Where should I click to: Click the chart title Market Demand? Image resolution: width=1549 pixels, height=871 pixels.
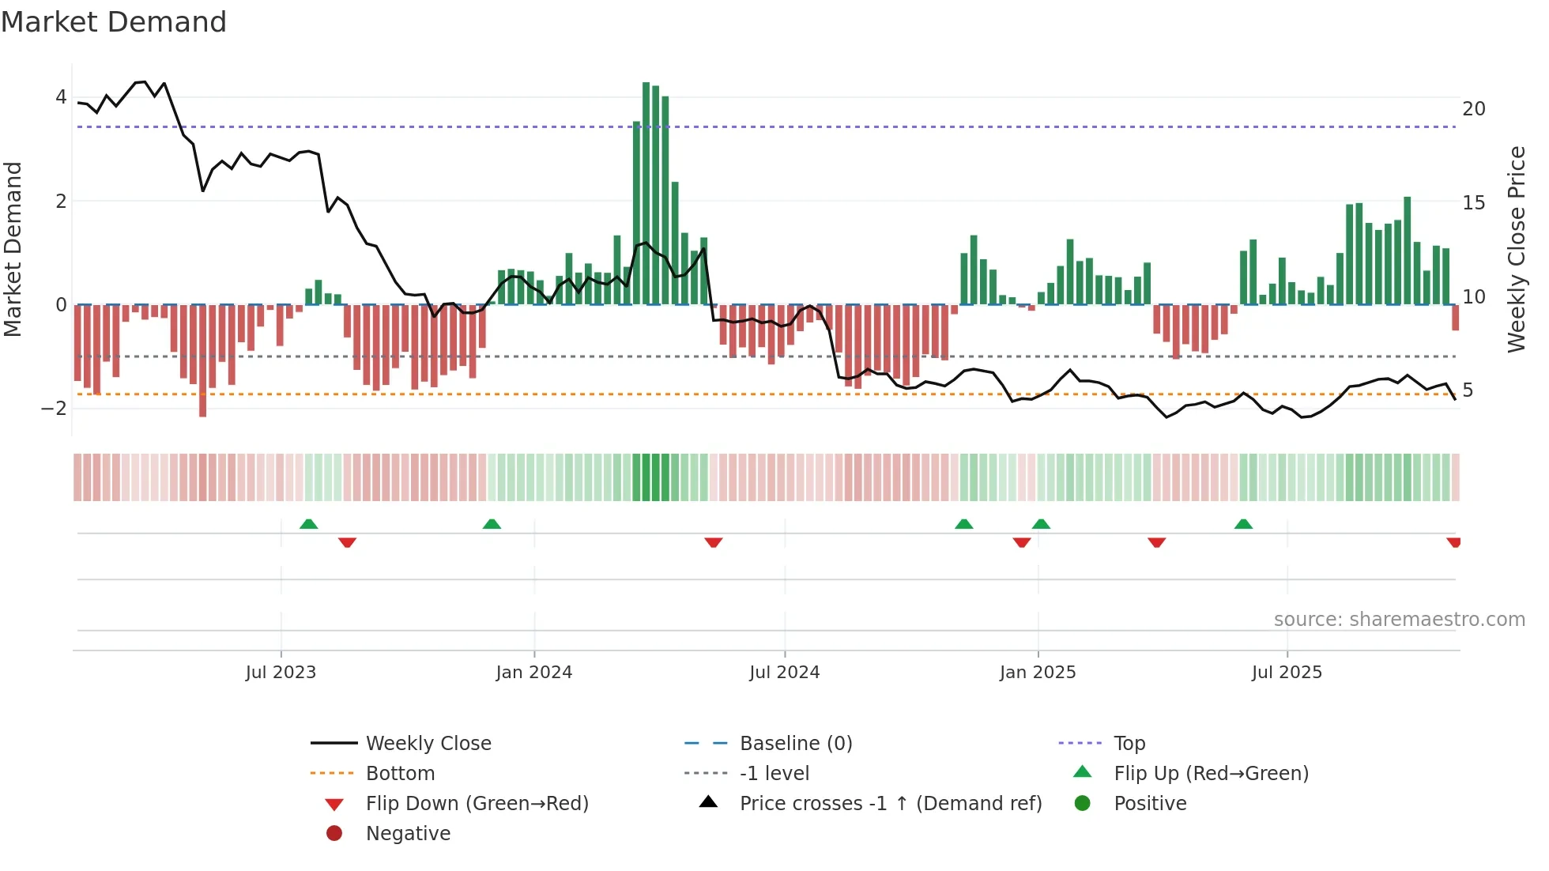pos(114,22)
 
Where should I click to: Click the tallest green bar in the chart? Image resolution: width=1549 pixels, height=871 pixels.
pos(646,194)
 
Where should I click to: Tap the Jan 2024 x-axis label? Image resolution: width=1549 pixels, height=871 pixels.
pos(533,673)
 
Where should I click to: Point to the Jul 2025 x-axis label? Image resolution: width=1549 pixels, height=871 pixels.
pos(1286,673)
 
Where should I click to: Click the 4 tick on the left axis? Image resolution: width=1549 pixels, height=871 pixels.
pos(61,97)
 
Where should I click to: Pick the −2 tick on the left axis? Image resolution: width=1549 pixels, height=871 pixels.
pos(55,409)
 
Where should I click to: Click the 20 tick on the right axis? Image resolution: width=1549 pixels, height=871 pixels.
pos(1473,109)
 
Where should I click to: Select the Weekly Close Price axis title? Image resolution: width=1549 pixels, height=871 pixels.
pos(1516,249)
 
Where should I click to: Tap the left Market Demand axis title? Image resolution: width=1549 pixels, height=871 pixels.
pos(13,249)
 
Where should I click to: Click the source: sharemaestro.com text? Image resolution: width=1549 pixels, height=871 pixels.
pos(1399,620)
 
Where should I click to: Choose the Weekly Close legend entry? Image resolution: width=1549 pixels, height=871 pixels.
pos(428,744)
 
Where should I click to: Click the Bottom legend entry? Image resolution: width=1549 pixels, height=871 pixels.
pos(400,774)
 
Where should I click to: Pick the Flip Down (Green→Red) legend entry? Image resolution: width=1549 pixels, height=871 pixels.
pos(477,804)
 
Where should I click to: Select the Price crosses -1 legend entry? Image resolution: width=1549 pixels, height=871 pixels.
pos(890,804)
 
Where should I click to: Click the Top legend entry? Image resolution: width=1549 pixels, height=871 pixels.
pos(1129,744)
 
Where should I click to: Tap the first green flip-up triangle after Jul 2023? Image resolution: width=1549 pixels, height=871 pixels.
pos(309,524)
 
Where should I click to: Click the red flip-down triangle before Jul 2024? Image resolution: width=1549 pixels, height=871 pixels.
pos(714,542)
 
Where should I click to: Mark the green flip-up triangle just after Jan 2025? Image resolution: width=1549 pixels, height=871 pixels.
pos(1041,524)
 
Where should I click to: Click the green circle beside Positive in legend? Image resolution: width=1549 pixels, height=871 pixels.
pos(1083,804)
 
